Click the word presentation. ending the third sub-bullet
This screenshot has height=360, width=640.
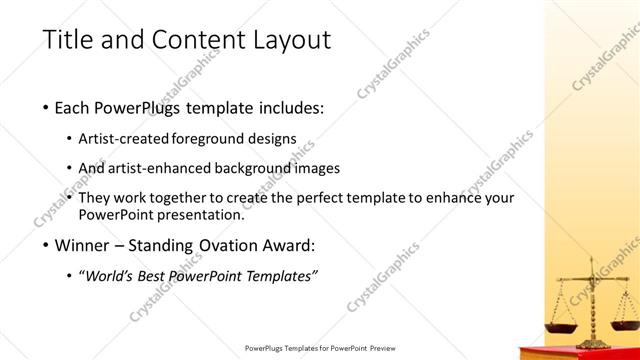coord(195,214)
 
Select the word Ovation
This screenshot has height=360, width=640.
coord(235,246)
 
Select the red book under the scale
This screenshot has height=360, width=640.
coord(580,353)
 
